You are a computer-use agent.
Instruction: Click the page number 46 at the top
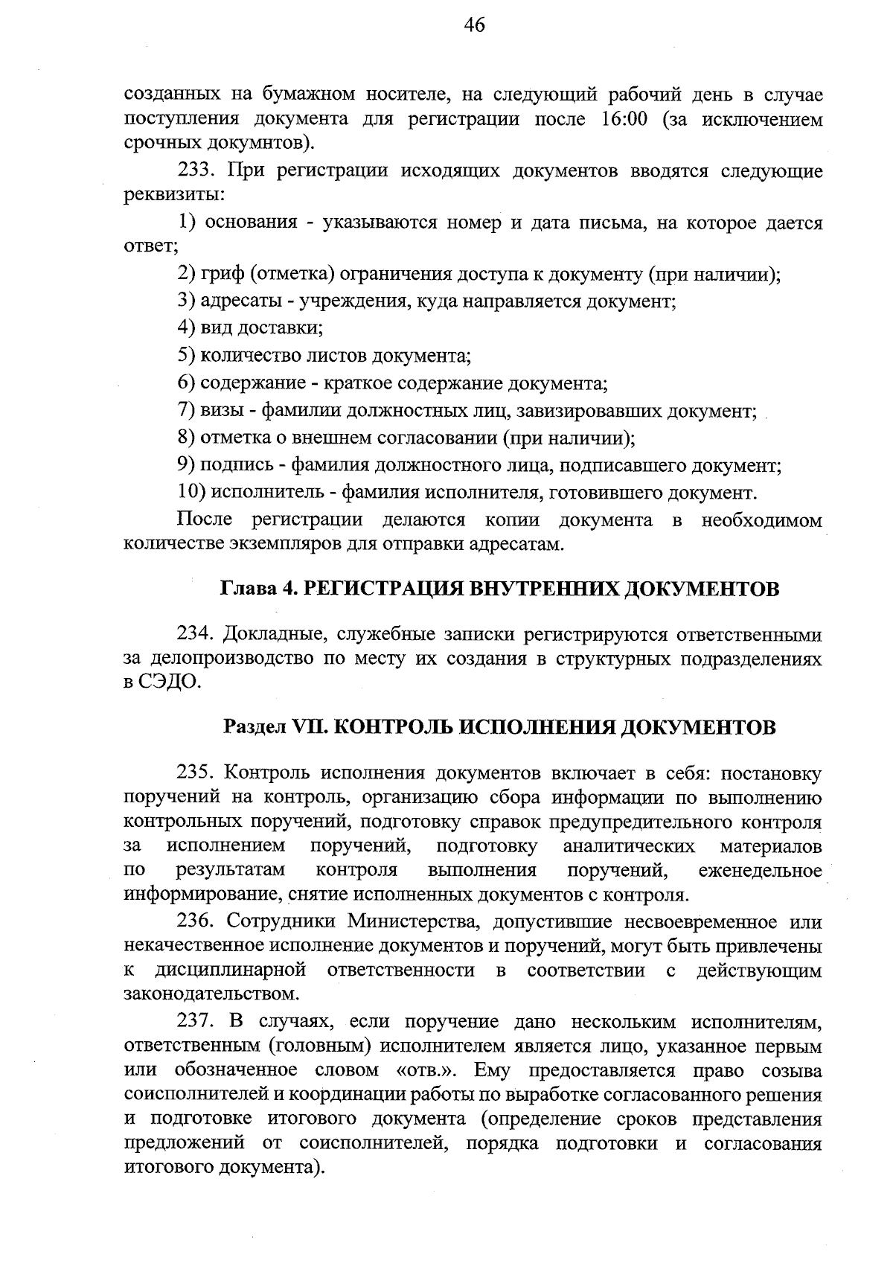tap(474, 26)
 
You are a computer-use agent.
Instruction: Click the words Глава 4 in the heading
tap(257, 589)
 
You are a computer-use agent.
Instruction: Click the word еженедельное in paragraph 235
tap(761, 871)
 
